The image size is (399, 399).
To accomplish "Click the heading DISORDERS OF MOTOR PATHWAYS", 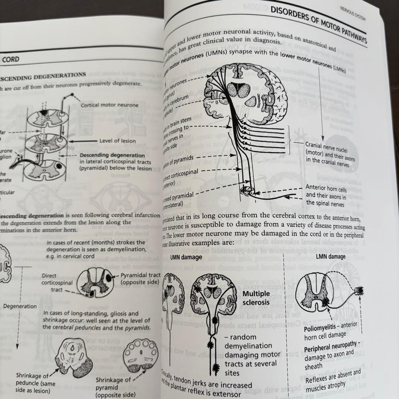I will click(318, 25).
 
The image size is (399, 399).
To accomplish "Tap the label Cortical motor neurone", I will click(110, 105).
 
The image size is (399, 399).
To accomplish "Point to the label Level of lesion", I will click(117, 141).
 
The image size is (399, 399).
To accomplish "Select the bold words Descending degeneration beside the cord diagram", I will click(112, 155).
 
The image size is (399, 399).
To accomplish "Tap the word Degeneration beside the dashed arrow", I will click(20, 306).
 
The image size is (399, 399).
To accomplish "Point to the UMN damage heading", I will click(186, 257).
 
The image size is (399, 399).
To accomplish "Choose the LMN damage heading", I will click(331, 256).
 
